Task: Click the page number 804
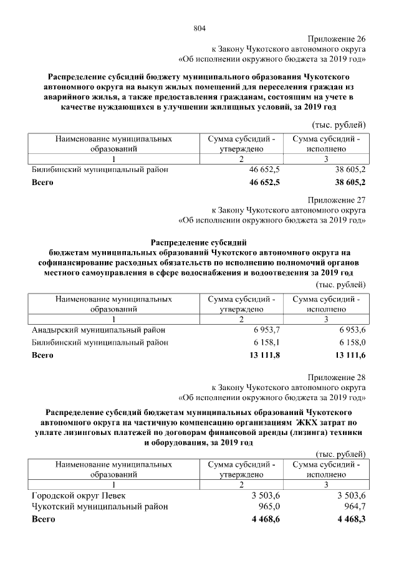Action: tap(199, 28)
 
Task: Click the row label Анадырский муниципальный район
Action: tap(99, 330)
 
